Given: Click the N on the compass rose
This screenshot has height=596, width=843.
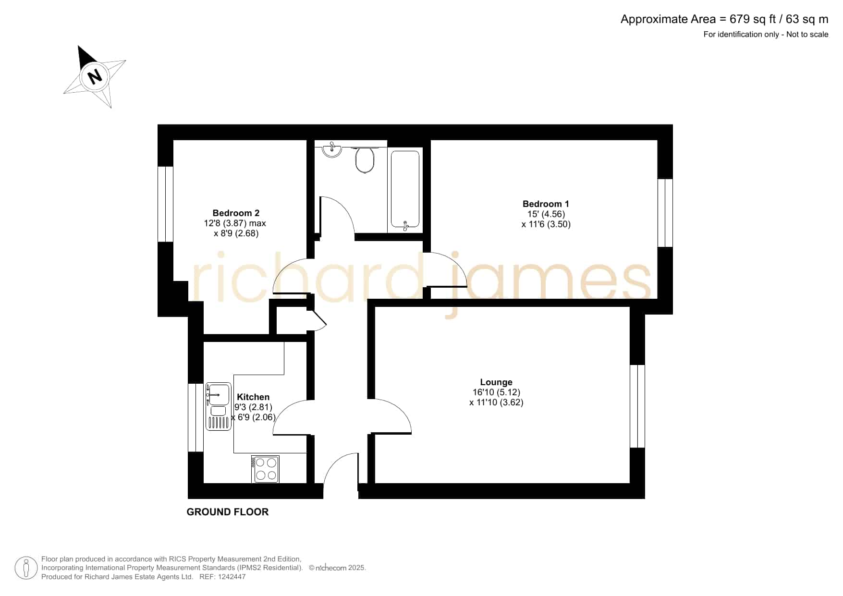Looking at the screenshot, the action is click(95, 76).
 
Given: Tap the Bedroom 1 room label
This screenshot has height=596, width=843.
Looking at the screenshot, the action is click(546, 204).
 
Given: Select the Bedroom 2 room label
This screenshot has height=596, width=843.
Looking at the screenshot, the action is click(236, 213).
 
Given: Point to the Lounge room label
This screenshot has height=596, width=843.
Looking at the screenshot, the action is click(496, 382).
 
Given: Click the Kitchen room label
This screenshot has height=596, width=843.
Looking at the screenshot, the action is click(253, 397).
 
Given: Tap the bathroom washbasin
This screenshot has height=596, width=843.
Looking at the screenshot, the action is click(332, 149).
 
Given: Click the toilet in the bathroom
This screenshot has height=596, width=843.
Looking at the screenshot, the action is click(365, 159).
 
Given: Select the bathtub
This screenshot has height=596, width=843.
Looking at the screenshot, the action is click(405, 189).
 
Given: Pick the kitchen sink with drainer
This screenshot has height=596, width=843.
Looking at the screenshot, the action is click(219, 406).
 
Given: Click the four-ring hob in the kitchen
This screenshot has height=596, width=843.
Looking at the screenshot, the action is click(265, 469).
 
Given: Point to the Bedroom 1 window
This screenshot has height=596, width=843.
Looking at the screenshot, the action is click(665, 213).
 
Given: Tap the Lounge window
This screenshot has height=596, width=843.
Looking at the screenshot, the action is click(637, 406).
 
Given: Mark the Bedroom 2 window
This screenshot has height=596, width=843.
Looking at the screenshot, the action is click(165, 204).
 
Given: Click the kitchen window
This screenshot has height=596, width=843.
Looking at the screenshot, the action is click(195, 417).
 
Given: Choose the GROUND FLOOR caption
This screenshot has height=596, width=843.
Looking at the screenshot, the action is click(228, 512).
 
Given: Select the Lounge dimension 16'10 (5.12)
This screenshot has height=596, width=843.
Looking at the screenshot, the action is click(496, 392).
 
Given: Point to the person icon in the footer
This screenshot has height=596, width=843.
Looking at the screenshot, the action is click(26, 568).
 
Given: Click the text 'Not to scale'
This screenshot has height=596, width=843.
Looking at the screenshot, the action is click(807, 34).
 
